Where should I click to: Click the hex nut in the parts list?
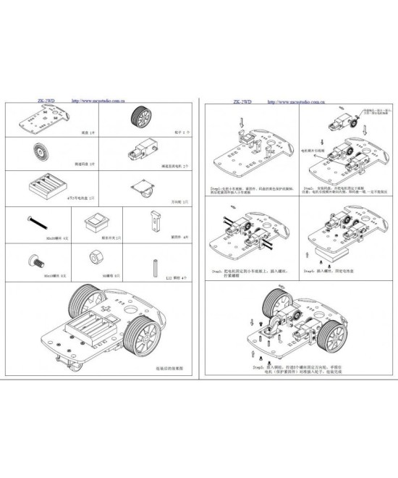point(93,258)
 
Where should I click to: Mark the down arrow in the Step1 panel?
point(242,127)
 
